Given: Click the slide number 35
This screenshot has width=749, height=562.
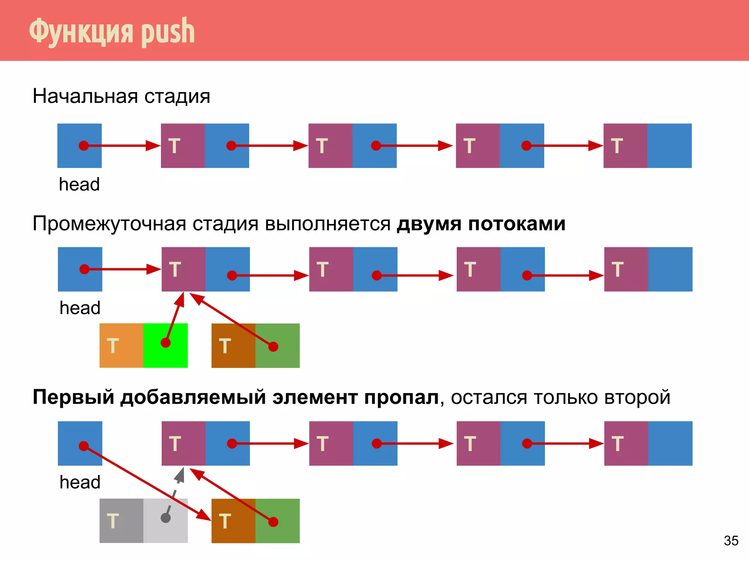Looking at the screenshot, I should coord(731,540).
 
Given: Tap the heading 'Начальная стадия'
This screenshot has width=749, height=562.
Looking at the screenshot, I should coord(121,96).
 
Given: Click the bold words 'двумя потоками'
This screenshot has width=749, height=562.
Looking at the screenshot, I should coord(481,224).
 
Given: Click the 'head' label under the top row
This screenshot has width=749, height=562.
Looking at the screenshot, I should coord(79,184).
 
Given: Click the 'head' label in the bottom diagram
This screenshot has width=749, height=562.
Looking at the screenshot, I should coord(80,482).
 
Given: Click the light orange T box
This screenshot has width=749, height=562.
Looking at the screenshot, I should coord(121,345).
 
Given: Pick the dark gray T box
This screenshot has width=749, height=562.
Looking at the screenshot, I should coord(121,521).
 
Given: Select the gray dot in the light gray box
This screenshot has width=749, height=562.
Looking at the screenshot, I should coord(166,518).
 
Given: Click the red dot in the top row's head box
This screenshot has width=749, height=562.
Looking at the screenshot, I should coord(84,146).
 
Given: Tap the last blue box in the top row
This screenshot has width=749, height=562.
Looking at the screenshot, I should coord(669,146).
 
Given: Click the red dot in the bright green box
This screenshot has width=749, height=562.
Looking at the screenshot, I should coord(166,343).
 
